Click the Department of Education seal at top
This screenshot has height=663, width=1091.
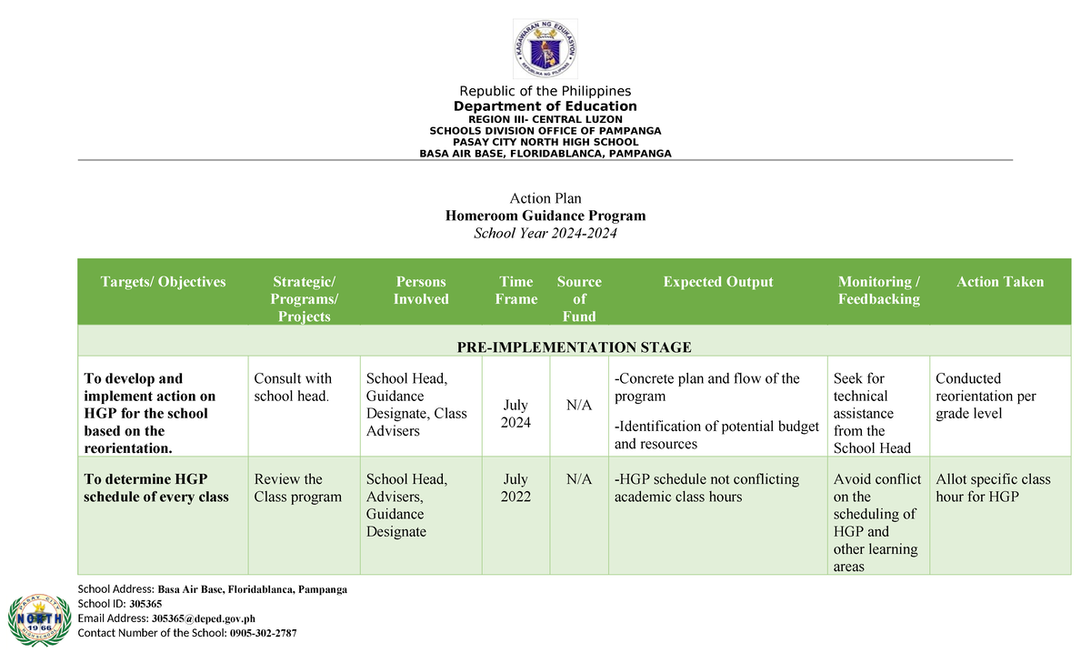(545, 48)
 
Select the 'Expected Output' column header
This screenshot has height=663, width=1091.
(718, 282)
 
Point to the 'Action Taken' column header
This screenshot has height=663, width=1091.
(1000, 282)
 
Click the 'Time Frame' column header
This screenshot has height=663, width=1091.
(516, 290)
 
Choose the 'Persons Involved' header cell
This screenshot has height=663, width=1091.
(421, 290)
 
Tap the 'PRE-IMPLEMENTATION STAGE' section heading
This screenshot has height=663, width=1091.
(574, 347)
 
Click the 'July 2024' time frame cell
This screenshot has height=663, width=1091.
(516, 413)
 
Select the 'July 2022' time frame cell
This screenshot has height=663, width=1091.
(515, 487)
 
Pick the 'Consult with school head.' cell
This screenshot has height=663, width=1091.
(293, 387)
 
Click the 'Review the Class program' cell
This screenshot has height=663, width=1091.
(298, 487)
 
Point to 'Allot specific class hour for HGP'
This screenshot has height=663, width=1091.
(993, 487)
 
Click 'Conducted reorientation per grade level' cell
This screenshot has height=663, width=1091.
(986, 396)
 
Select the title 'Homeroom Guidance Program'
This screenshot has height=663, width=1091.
(545, 216)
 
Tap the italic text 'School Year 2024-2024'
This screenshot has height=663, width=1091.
(545, 234)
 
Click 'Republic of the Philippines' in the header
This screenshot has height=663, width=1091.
(545, 91)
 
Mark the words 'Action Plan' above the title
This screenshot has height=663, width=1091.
(545, 198)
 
